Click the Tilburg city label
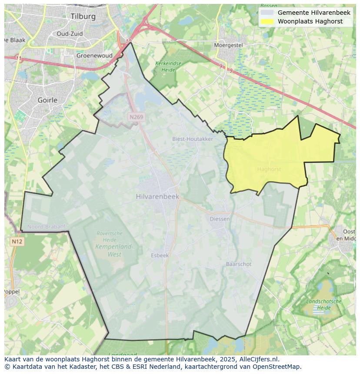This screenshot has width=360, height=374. (83, 16)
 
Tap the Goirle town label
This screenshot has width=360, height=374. (48, 100)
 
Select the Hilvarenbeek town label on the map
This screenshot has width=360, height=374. (157, 196)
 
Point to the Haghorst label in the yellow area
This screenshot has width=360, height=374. (269, 169)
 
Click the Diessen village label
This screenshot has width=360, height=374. (220, 219)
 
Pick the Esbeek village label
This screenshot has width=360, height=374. (160, 255)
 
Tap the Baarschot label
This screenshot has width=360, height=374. (239, 264)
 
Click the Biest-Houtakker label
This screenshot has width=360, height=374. (193, 139)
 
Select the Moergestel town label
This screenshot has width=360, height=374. (228, 45)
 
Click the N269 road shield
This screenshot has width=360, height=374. (136, 117)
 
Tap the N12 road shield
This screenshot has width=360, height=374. (17, 242)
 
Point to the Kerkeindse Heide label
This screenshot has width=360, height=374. (168, 66)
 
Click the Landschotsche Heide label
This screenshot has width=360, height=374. (324, 304)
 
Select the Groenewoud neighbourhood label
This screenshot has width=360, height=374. (94, 56)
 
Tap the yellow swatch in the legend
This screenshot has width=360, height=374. (267, 21)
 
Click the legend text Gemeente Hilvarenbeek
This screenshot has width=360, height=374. (314, 13)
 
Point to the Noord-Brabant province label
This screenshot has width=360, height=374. (46, 227)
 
